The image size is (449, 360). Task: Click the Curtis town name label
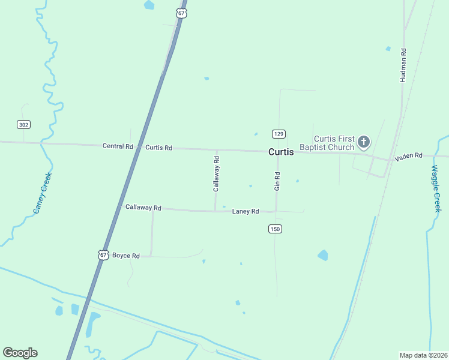point(281,152)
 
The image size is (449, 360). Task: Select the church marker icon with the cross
point(363,142)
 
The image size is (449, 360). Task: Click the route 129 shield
point(278,133)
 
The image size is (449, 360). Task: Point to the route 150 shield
point(275,229)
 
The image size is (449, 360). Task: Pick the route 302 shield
point(23,124)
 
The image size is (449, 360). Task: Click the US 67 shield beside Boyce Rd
point(103,255)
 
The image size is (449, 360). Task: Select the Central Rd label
point(118,146)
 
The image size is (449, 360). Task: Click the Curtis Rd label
point(159,147)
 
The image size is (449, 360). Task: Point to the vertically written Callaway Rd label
point(216,174)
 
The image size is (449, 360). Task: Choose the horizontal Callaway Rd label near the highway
point(143,208)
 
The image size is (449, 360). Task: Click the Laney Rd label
point(246,211)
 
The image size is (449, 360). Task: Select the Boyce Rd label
point(126,256)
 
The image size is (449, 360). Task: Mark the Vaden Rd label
point(409,156)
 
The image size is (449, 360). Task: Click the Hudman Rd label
point(403,66)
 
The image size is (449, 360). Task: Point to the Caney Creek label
point(43,193)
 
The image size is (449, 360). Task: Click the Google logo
point(20,353)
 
